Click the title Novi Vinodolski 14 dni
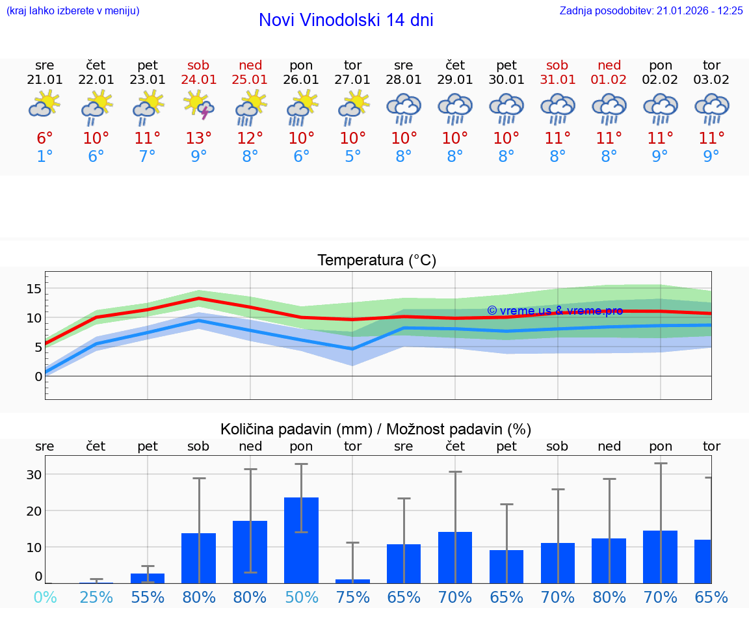click(346, 20)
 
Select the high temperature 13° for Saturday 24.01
click(199, 139)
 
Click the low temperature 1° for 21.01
click(45, 157)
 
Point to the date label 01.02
click(609, 79)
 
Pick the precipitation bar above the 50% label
click(301, 540)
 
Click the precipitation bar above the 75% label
click(352, 581)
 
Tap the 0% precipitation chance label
click(45, 598)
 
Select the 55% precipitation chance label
click(148, 598)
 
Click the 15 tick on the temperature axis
click(34, 288)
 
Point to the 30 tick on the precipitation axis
click(34, 475)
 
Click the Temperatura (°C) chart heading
click(376, 261)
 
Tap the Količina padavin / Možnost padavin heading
click(376, 429)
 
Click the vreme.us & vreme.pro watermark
click(555, 311)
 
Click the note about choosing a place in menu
click(73, 10)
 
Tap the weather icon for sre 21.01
click(45, 106)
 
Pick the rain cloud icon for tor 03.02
click(711, 109)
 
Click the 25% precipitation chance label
click(96, 598)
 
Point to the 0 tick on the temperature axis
click(38, 376)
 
